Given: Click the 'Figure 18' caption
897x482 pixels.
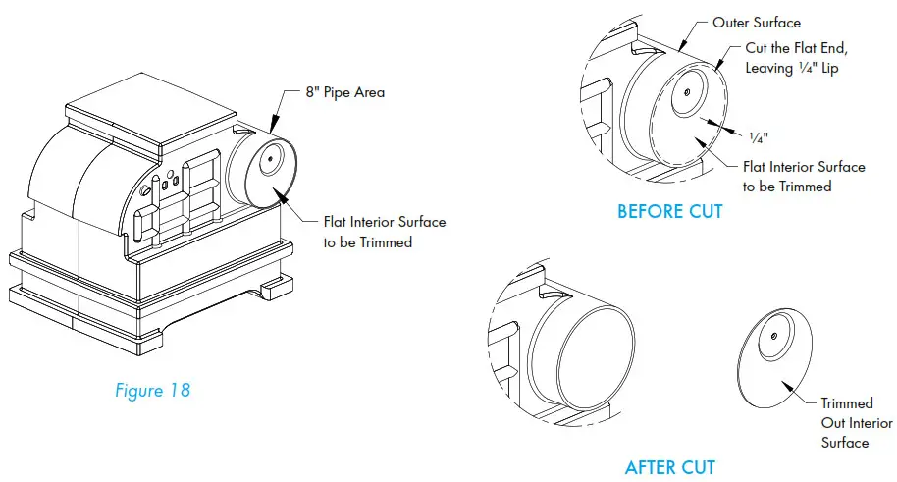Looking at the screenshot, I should coord(152,390).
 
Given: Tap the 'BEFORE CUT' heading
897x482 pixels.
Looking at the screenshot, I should coord(669,211).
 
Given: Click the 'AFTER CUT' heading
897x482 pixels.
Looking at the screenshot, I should coord(669,467).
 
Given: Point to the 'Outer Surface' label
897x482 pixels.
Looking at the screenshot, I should coord(756,23).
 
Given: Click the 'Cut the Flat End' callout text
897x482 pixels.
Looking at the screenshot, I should coord(796,50).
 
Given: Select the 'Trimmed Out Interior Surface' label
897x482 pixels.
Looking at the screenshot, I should coord(856,423).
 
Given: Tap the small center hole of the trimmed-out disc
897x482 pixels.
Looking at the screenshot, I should coord(774,337).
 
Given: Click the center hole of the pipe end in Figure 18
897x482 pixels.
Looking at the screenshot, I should coord(264,159).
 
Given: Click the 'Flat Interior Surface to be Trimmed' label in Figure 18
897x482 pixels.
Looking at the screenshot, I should coord(384,231).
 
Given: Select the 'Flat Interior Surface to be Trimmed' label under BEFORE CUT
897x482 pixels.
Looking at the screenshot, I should coord(803,176).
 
